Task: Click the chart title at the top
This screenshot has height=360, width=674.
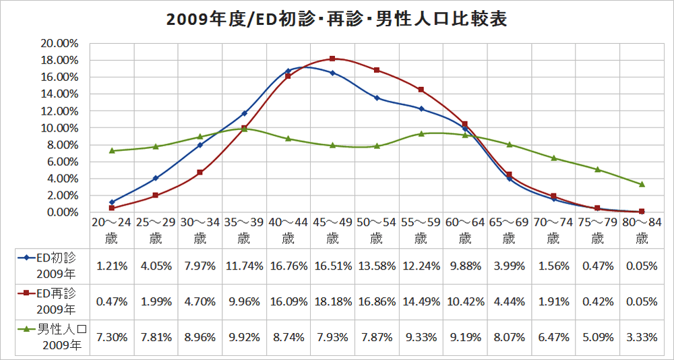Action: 337,19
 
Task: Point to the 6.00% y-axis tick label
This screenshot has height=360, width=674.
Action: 61,162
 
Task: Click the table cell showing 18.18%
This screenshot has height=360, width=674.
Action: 332,301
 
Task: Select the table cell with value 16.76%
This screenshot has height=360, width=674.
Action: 288,266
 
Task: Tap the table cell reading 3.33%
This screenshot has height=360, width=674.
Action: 641,337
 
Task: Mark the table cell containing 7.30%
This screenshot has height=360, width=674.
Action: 112,337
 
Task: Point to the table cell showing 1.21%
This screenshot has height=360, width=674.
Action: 112,266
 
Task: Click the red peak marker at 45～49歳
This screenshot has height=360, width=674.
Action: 332,59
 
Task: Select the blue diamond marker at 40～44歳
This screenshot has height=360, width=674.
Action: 288,71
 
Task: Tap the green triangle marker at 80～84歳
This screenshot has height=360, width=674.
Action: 642,184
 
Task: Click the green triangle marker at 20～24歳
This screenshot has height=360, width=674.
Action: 112,150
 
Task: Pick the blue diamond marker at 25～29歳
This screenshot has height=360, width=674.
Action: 156,178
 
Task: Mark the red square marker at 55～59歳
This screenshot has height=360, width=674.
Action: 421,90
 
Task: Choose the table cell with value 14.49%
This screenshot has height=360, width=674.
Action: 421,301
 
